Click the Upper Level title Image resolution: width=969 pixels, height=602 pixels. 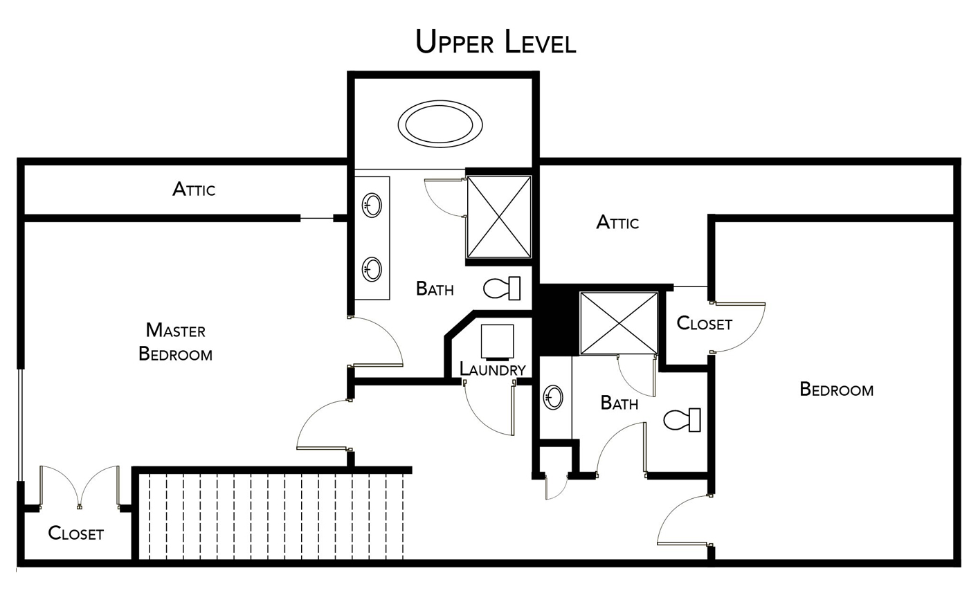click(x=496, y=42)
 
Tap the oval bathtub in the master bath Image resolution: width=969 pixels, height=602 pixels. click(x=440, y=125)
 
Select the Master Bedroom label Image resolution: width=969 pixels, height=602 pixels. click(x=175, y=342)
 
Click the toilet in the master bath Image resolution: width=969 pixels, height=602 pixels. click(x=502, y=288)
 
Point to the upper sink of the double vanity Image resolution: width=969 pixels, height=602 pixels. click(x=372, y=206)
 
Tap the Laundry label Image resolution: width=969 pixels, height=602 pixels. click(x=493, y=370)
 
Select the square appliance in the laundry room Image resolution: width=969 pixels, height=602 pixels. click(x=497, y=341)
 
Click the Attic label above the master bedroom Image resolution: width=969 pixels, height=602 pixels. click(x=194, y=189)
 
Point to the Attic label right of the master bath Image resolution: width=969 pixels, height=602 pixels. click(x=617, y=222)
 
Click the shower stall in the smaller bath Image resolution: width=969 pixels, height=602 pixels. click(x=618, y=322)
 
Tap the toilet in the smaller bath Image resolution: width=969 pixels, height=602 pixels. click(x=682, y=420)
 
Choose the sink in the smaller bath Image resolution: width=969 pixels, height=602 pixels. click(x=553, y=397)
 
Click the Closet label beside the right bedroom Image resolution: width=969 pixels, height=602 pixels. click(x=704, y=323)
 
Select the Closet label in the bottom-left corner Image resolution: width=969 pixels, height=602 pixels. click(x=75, y=533)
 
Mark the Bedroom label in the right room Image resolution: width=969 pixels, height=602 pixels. click(x=836, y=389)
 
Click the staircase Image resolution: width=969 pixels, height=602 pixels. click(x=271, y=516)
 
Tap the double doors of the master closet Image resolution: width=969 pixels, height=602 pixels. click(x=80, y=487)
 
